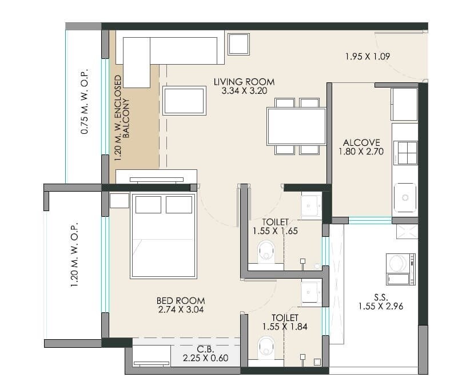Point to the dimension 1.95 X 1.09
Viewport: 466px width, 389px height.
pos(367,56)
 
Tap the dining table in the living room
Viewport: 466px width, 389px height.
pos(296,126)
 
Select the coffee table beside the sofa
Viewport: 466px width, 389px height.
pos(184,101)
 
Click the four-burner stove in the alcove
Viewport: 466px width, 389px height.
pos(405,153)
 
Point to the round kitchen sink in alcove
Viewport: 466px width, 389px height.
pos(405,197)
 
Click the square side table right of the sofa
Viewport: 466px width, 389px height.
pos(238,44)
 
